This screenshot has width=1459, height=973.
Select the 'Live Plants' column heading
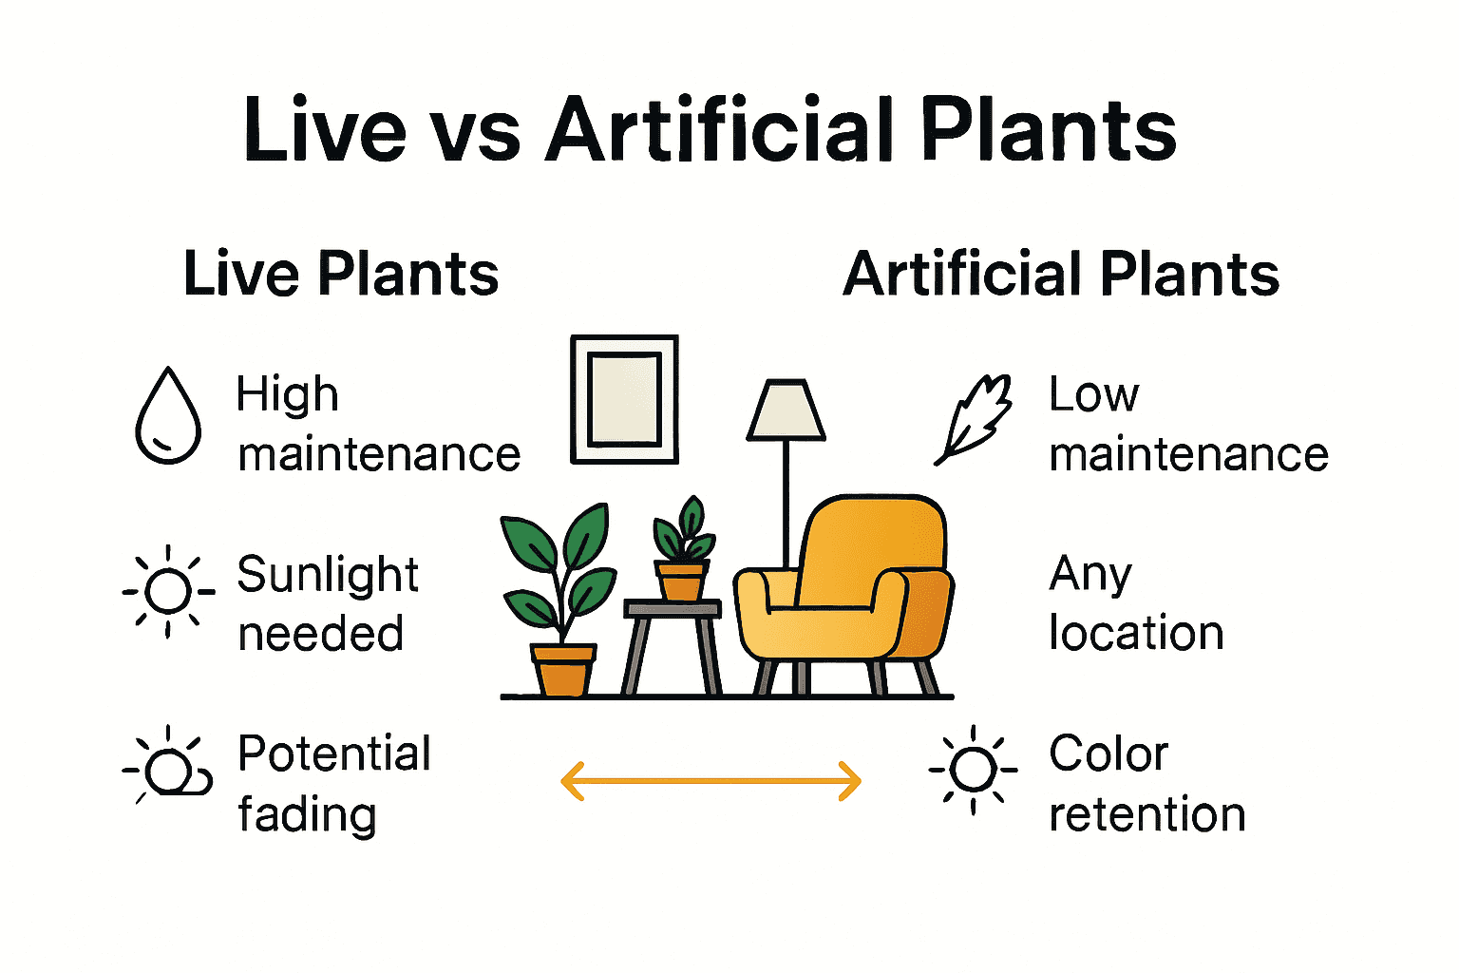[341, 275]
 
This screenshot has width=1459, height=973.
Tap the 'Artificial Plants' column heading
[1061, 275]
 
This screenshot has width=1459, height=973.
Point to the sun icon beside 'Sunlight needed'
[169, 591]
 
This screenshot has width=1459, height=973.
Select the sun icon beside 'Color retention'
[974, 769]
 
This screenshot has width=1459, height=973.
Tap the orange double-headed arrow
[711, 781]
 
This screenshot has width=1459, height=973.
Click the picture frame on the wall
[624, 399]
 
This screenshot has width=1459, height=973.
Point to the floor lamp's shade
[786, 410]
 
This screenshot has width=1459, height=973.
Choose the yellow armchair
[845, 589]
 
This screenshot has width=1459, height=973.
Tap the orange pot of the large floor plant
[563, 669]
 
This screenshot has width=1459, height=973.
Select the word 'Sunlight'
[328, 575]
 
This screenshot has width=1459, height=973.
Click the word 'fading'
[307, 815]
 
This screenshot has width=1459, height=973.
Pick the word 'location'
[1136, 634]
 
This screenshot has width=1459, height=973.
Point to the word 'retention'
[1147, 815]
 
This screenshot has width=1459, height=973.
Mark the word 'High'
[287, 395]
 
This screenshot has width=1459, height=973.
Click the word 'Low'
[1093, 395]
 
